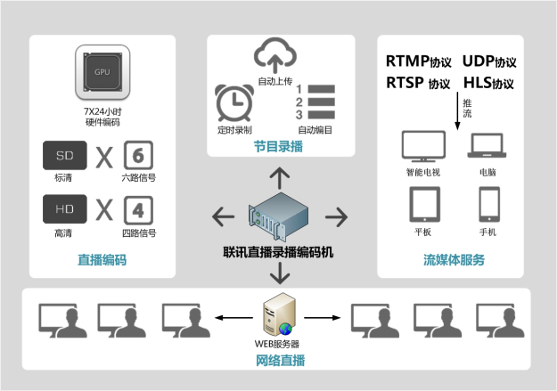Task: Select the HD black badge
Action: tap(65, 210)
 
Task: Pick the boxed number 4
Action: tap(138, 211)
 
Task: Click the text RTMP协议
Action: tap(418, 62)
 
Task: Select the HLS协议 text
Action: tap(488, 84)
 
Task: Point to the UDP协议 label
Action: tap(489, 62)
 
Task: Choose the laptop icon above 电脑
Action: tap(487, 145)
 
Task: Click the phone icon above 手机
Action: tap(487, 204)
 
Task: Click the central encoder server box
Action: tap(279, 216)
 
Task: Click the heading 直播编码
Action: tap(102, 260)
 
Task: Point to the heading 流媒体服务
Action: tap(454, 260)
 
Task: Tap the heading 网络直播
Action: tap(279, 360)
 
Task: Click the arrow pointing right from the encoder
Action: tap(336, 216)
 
